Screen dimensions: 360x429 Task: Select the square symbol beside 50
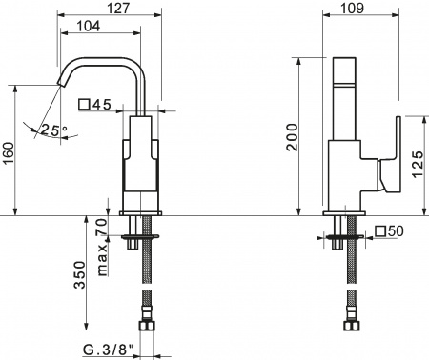380,231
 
